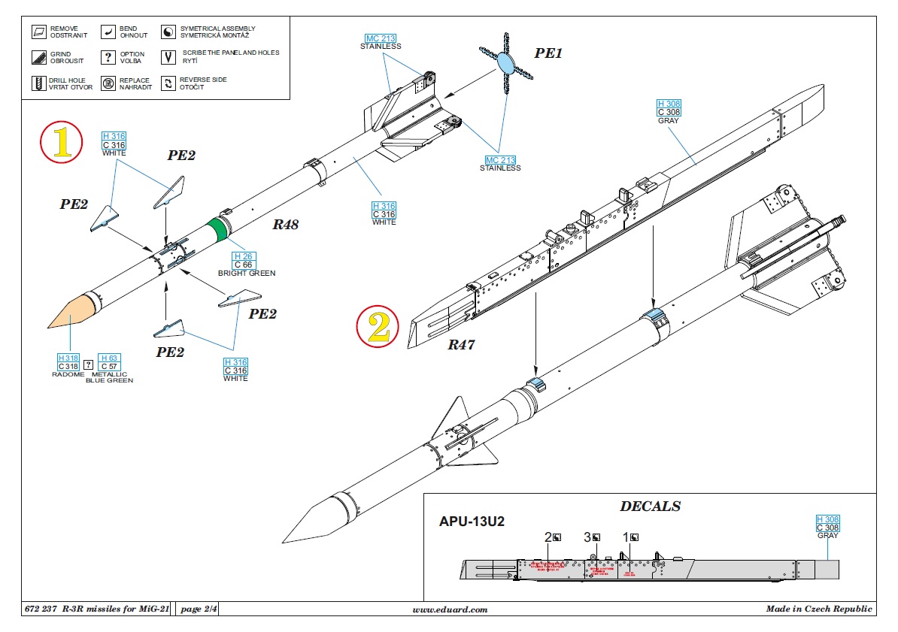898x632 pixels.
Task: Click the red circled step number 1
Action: pyautogui.click(x=61, y=143)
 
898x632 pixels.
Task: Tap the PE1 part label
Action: pyautogui.click(x=548, y=54)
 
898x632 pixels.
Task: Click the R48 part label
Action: pyautogui.click(x=286, y=223)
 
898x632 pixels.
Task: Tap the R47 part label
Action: pyautogui.click(x=463, y=344)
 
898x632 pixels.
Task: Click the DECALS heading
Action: pyautogui.click(x=650, y=507)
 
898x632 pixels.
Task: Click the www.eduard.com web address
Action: pyautogui.click(x=450, y=609)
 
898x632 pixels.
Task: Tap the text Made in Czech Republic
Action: pyautogui.click(x=819, y=609)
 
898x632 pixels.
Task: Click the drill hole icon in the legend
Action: pyautogui.click(x=38, y=83)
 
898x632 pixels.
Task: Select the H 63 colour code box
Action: pyautogui.click(x=109, y=358)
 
